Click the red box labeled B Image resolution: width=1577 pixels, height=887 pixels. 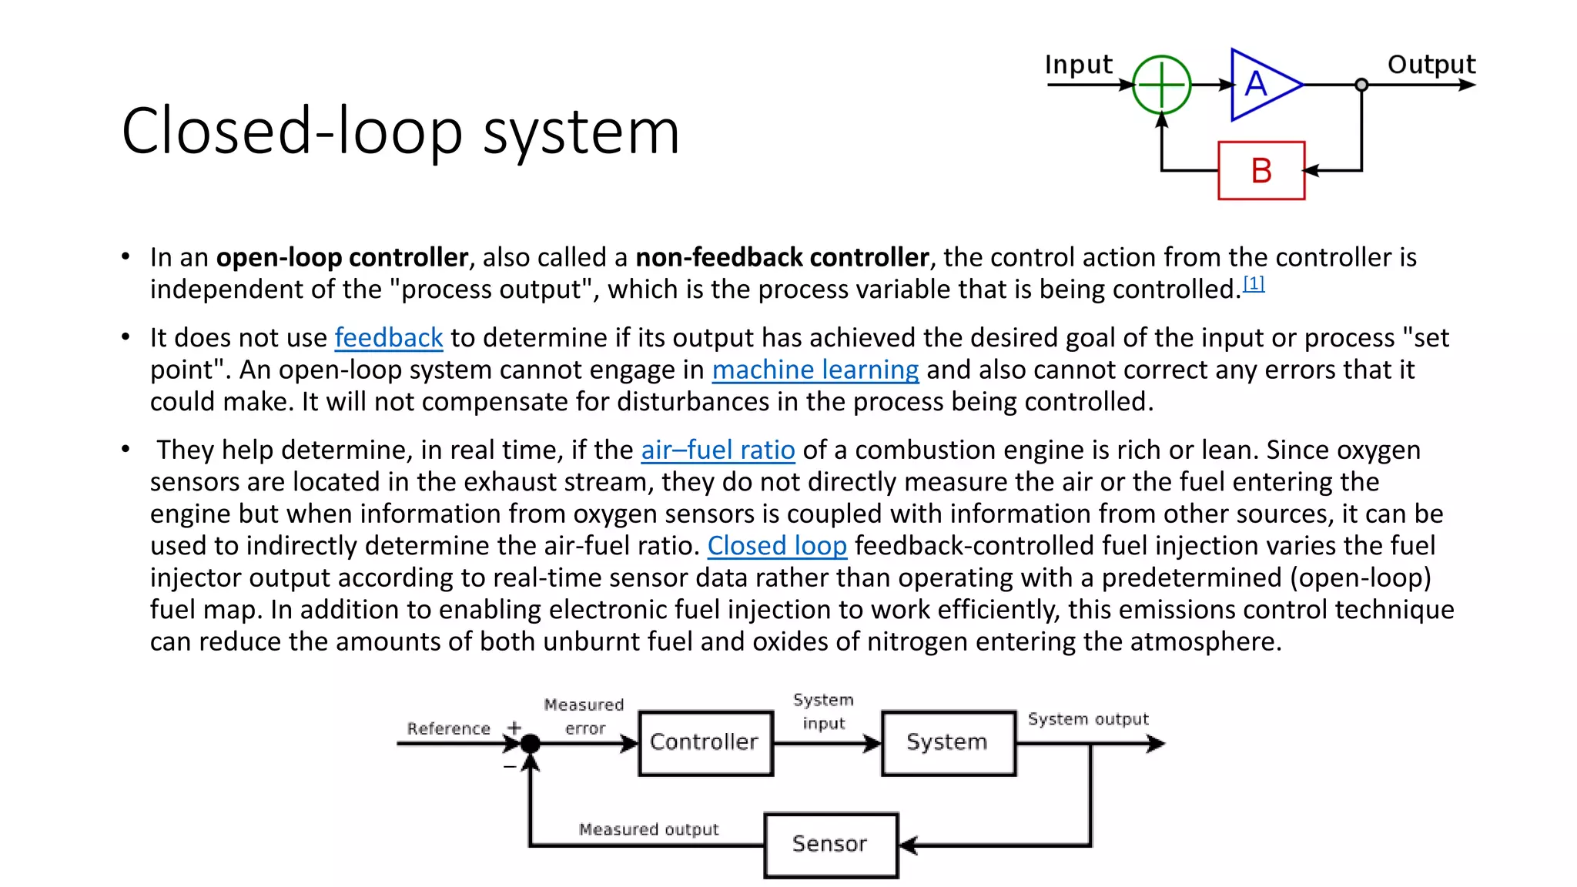click(x=1261, y=170)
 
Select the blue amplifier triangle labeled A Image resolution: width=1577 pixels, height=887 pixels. click(x=1260, y=84)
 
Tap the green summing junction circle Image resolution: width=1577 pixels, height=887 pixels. click(x=1162, y=85)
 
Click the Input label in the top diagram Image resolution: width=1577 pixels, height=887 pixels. click(x=1078, y=65)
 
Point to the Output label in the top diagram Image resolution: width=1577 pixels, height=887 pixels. click(x=1431, y=65)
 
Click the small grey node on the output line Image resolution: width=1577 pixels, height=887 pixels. click(x=1361, y=85)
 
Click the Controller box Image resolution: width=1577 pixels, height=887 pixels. click(x=705, y=742)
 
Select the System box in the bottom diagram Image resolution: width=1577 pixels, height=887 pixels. click(x=947, y=742)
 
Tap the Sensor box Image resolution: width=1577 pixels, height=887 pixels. click(x=830, y=844)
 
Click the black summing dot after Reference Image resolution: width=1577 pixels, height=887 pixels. click(x=531, y=743)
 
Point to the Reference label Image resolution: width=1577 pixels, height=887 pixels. click(x=448, y=728)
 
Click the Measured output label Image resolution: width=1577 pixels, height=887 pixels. click(x=648, y=829)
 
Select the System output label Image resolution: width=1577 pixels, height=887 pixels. click(x=1087, y=719)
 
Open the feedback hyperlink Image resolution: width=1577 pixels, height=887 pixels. click(x=388, y=338)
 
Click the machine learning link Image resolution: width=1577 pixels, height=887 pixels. click(x=815, y=370)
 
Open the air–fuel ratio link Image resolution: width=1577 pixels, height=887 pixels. click(x=718, y=450)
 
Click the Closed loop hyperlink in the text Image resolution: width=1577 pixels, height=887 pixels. click(x=777, y=546)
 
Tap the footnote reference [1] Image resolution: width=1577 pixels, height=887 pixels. click(x=1254, y=284)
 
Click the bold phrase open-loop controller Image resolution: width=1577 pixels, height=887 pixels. click(x=342, y=257)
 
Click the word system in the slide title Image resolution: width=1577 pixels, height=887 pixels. click(x=581, y=132)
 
